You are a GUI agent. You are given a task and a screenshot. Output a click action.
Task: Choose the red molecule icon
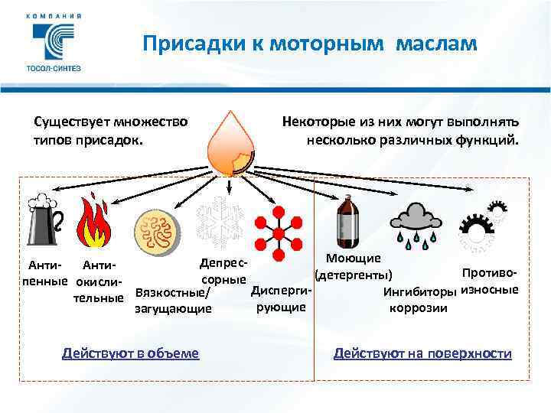279,229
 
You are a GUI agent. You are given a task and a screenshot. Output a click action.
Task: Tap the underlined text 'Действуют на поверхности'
422,353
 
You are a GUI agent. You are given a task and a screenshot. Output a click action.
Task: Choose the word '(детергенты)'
354,275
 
